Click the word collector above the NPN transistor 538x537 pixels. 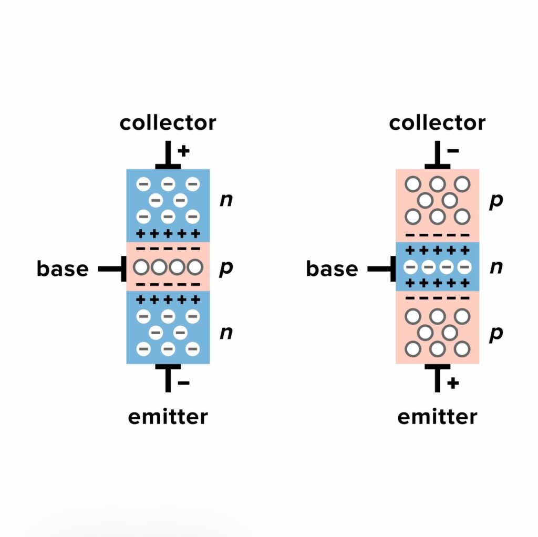[168, 123]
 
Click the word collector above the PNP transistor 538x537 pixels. [437, 123]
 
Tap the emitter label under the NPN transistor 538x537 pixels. [168, 417]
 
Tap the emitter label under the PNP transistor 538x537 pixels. [437, 417]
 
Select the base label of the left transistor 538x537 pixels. [63, 269]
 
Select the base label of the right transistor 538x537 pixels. [332, 269]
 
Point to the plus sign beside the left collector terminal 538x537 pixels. [183, 151]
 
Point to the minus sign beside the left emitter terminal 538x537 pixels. [183, 383]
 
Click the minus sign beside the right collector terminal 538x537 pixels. [453, 151]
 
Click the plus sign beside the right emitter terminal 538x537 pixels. [453, 383]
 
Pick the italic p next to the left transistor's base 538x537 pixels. [225, 268]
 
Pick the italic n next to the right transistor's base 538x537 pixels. [495, 268]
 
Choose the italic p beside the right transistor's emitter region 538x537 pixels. [495, 334]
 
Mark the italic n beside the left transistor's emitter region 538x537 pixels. [226, 333]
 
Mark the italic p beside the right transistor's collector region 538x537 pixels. [495, 202]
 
